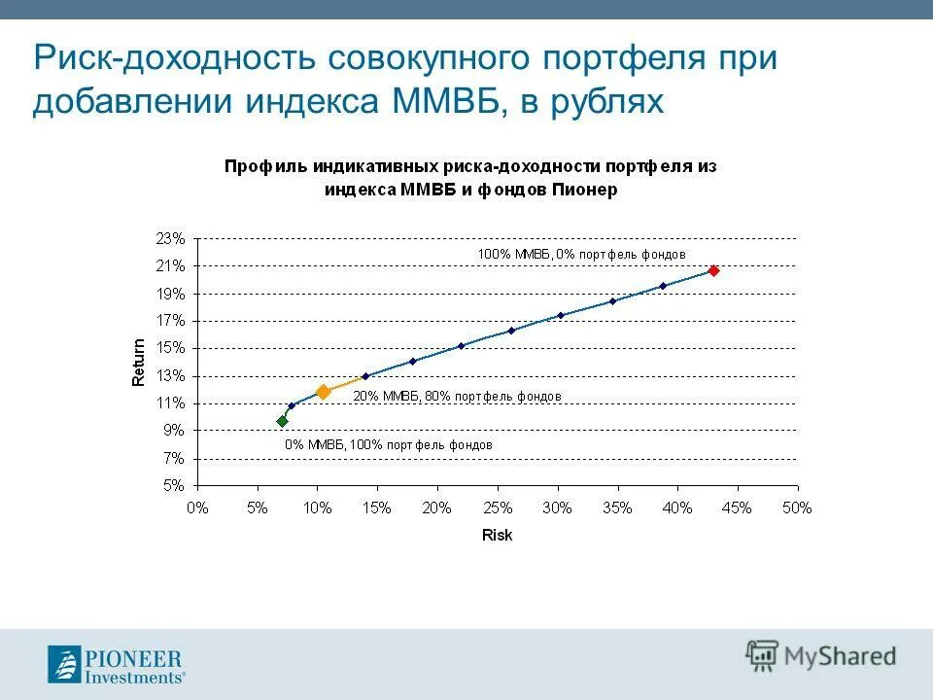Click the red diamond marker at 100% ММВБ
click(x=713, y=271)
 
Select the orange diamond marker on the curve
click(x=324, y=392)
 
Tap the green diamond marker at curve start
click(x=282, y=421)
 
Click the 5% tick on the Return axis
click(x=173, y=485)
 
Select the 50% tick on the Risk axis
click(x=797, y=507)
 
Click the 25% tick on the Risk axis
click(x=497, y=507)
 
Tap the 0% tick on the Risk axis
click(x=197, y=507)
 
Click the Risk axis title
click(x=497, y=536)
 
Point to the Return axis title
click(x=139, y=362)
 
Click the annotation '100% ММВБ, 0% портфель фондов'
click(x=581, y=254)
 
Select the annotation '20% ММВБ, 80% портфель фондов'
click(x=457, y=397)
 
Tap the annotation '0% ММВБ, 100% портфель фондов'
click(x=388, y=444)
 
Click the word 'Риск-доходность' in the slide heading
click(x=171, y=57)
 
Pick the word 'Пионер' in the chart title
click(x=585, y=190)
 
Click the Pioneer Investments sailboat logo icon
click(x=66, y=665)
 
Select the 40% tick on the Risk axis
click(x=676, y=507)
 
